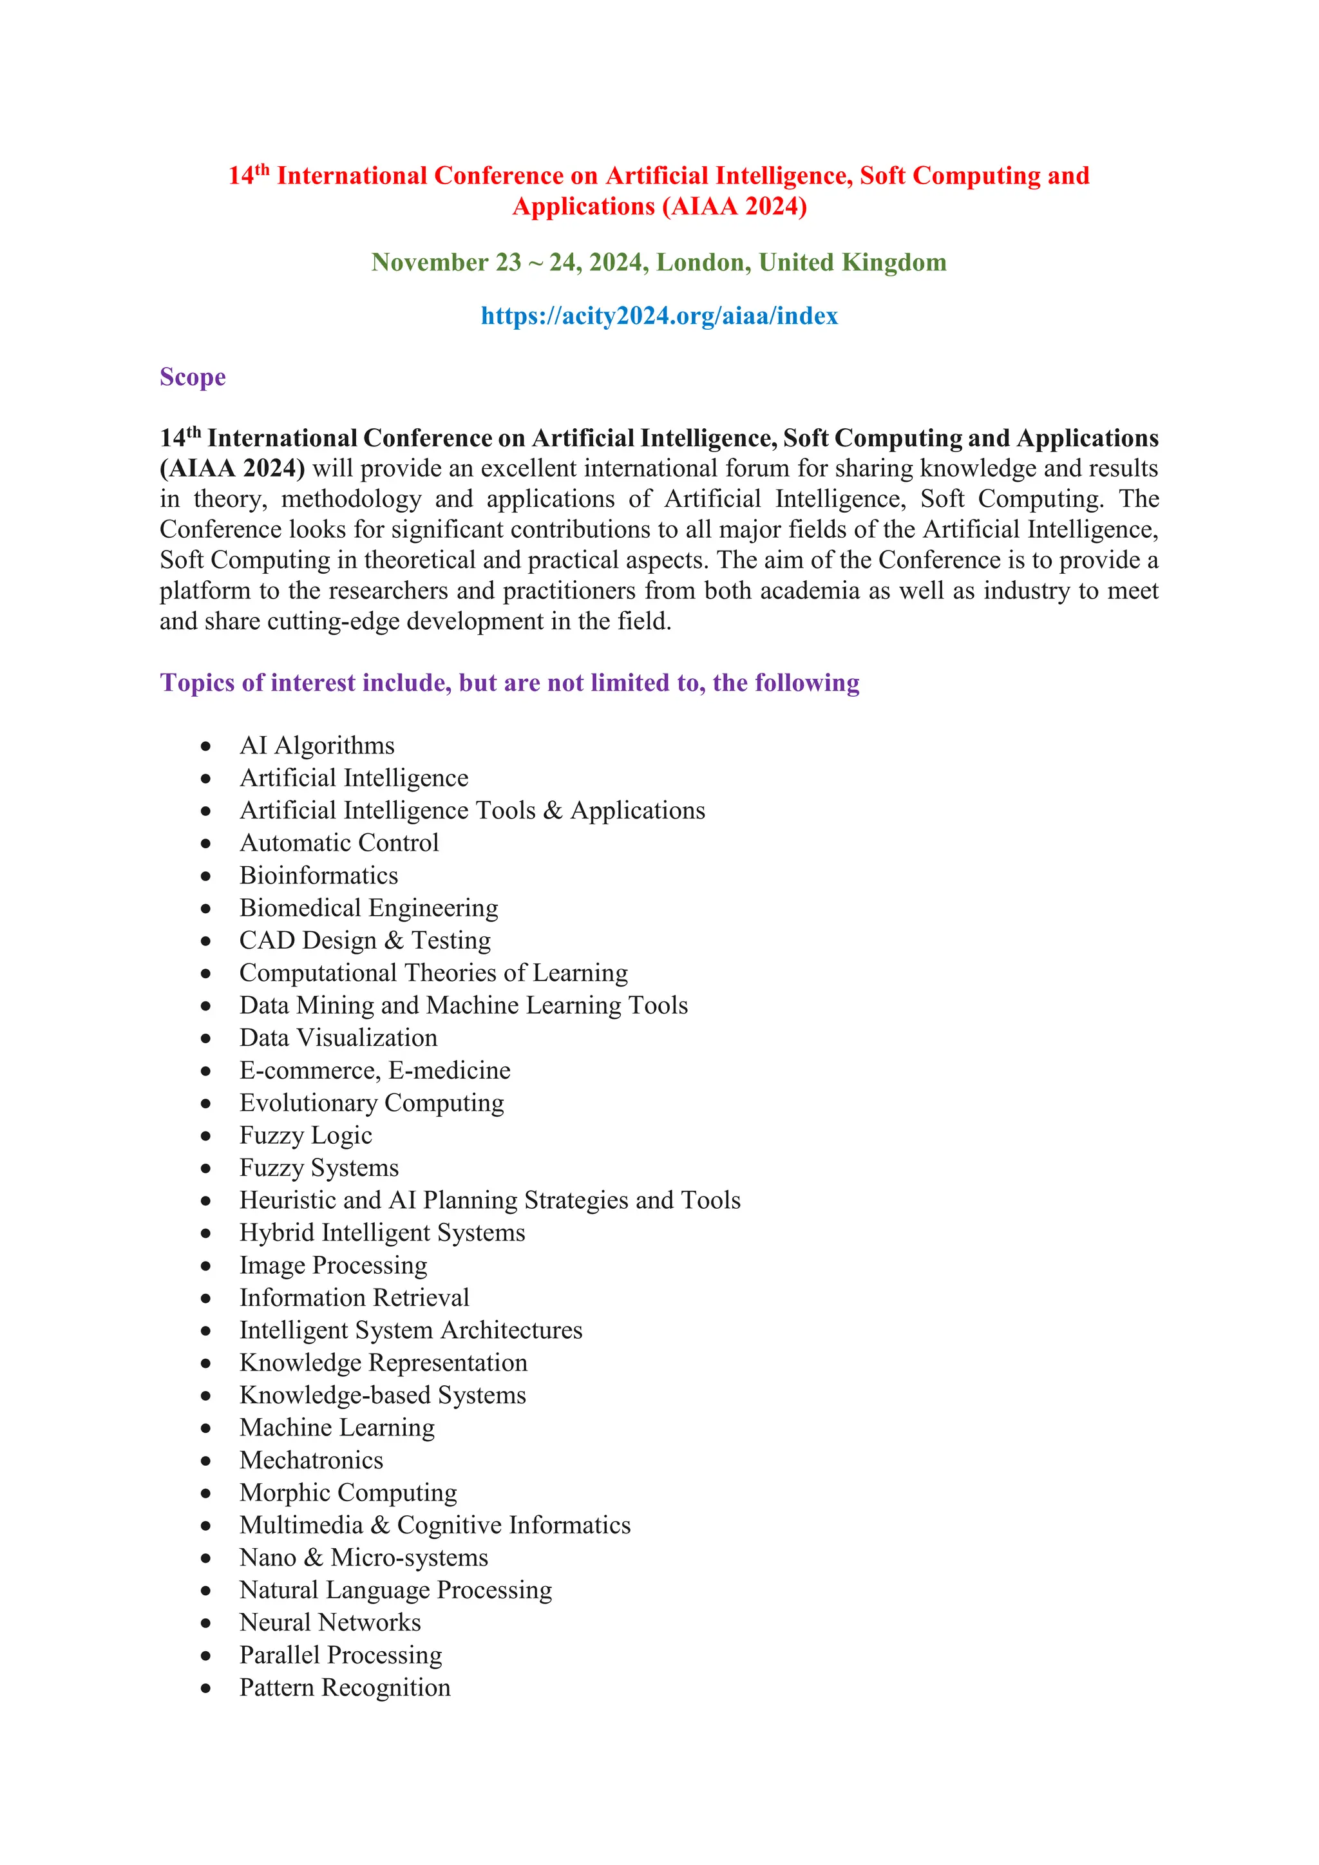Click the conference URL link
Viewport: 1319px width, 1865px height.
click(x=659, y=316)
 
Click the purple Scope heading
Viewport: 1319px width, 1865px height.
click(x=193, y=378)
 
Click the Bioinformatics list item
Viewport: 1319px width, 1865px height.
click(x=318, y=876)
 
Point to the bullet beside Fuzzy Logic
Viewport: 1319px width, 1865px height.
click(x=206, y=1137)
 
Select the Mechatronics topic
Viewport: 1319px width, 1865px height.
click(x=311, y=1461)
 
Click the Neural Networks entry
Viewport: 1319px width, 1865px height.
click(x=330, y=1623)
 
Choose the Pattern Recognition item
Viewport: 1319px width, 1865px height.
click(x=345, y=1688)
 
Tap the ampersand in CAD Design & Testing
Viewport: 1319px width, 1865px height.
click(x=394, y=941)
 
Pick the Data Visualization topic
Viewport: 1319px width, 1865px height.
click(x=338, y=1038)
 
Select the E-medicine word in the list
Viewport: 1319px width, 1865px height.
click(x=449, y=1070)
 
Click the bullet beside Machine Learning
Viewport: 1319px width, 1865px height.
click(x=206, y=1429)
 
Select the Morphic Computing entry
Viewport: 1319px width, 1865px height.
click(x=348, y=1493)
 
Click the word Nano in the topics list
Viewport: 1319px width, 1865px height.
click(x=268, y=1558)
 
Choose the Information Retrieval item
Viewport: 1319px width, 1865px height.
click(x=354, y=1298)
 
